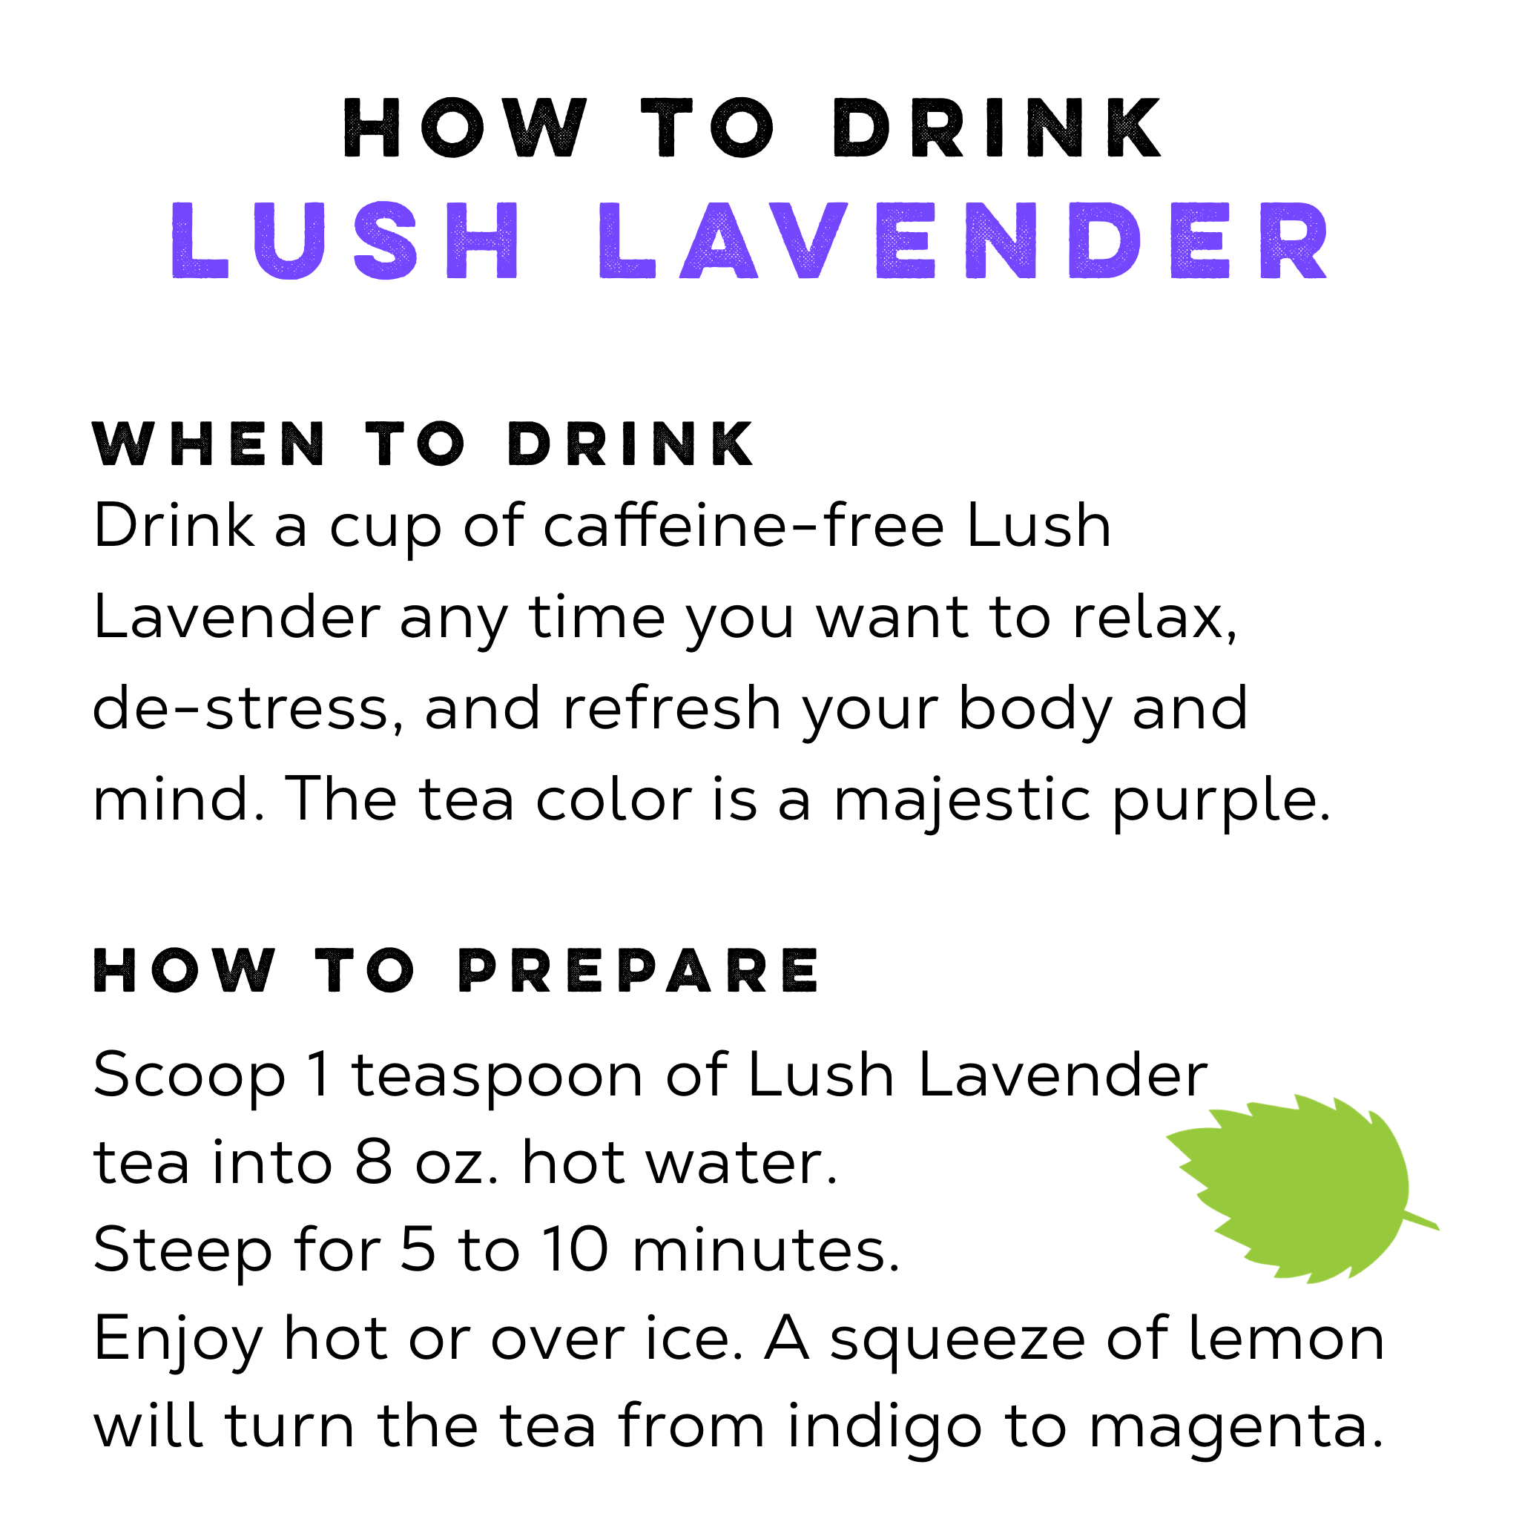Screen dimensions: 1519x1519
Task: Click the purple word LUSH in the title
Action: click(344, 240)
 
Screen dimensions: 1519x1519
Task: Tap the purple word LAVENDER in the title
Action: click(963, 240)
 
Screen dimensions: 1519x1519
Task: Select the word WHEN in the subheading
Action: click(208, 444)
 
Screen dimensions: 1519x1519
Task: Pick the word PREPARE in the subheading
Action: click(639, 971)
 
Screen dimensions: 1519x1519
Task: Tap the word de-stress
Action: click(248, 708)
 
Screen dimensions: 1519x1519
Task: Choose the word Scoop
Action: click(189, 1075)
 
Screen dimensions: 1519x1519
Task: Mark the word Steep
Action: click(182, 1252)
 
